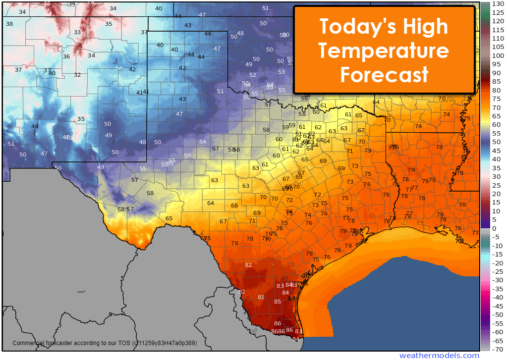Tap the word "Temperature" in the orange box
pyautogui.click(x=384, y=51)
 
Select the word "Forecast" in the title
pyautogui.click(x=384, y=75)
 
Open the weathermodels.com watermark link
pyautogui.click(x=439, y=356)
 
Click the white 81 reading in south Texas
pyautogui.click(x=261, y=297)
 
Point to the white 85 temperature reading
pyautogui.click(x=278, y=302)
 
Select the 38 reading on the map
pyautogui.click(x=9, y=24)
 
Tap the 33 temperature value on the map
pyautogui.click(x=77, y=33)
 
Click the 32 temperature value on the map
pyautogui.click(x=77, y=75)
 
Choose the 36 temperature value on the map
pyautogui.click(x=66, y=56)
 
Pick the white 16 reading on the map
pyautogui.click(x=48, y=4)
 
